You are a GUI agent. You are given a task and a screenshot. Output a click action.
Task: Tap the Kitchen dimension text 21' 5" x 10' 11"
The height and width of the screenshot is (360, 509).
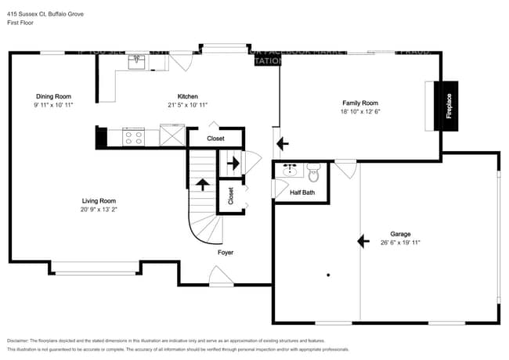pyautogui.click(x=187, y=105)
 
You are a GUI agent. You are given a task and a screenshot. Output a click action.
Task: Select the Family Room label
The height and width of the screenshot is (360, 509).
pyautogui.click(x=359, y=103)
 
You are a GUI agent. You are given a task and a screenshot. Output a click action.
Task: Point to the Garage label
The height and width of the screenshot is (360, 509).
pyautogui.click(x=400, y=234)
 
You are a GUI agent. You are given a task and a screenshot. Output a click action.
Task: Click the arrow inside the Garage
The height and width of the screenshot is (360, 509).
pyautogui.click(x=363, y=241)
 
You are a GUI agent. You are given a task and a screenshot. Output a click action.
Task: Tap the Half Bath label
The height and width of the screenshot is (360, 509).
pyautogui.click(x=302, y=192)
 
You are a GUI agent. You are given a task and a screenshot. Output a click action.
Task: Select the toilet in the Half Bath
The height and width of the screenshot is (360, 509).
pyautogui.click(x=314, y=170)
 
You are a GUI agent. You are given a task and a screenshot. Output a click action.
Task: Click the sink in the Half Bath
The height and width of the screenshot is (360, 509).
pyautogui.click(x=290, y=169)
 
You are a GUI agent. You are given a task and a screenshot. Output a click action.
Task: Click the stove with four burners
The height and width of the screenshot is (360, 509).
pyautogui.click(x=134, y=137)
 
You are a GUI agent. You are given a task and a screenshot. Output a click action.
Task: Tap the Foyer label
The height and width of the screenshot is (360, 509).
pyautogui.click(x=226, y=253)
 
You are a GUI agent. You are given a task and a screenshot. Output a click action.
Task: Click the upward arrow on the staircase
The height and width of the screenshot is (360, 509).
pyautogui.click(x=202, y=185)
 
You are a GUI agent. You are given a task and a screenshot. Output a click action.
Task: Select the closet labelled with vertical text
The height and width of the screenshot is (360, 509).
pyautogui.click(x=230, y=196)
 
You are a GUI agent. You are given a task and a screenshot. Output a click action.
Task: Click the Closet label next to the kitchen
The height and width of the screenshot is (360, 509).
pyautogui.click(x=215, y=139)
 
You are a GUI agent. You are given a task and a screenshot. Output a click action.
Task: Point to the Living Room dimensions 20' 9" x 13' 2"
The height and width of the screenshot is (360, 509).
pyautogui.click(x=98, y=210)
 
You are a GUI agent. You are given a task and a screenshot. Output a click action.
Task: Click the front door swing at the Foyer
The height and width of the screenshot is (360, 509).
pyautogui.click(x=220, y=275)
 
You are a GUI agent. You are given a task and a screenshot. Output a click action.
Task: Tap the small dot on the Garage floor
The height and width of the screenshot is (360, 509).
pyautogui.click(x=328, y=275)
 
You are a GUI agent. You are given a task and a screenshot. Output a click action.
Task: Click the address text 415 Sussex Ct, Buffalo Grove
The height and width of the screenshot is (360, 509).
pyautogui.click(x=46, y=14)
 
